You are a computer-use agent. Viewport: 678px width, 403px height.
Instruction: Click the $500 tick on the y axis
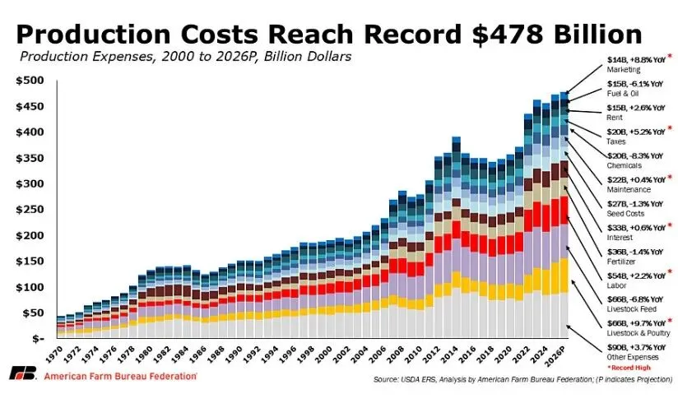point(30,81)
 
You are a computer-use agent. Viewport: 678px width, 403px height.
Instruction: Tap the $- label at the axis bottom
point(36,338)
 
